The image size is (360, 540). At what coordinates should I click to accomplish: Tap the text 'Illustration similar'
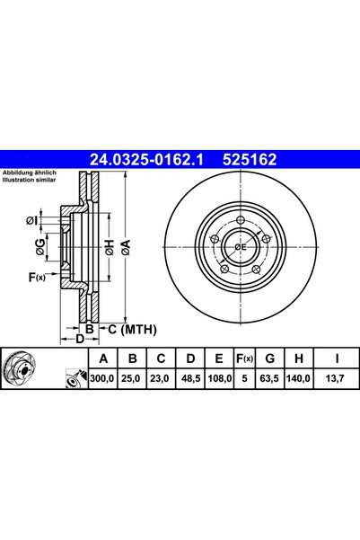[x=30, y=180]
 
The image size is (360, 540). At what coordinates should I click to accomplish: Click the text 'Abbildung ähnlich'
[x=28, y=173]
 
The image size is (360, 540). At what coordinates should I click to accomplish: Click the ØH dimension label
[x=107, y=246]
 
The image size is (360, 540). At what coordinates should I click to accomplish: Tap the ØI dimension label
[x=34, y=219]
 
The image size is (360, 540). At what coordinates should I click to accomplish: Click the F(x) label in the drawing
[x=36, y=279]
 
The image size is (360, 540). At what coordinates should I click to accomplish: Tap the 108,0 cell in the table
[x=219, y=380]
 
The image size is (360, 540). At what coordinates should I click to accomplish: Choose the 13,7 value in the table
[x=336, y=380]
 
